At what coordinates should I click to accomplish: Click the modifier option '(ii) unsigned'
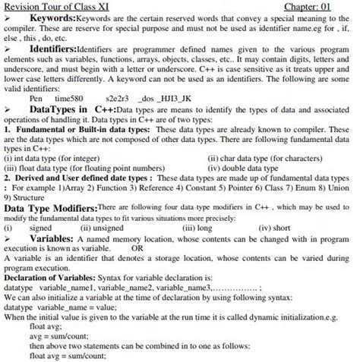(x=101, y=227)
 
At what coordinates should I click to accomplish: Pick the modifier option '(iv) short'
(x=273, y=227)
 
